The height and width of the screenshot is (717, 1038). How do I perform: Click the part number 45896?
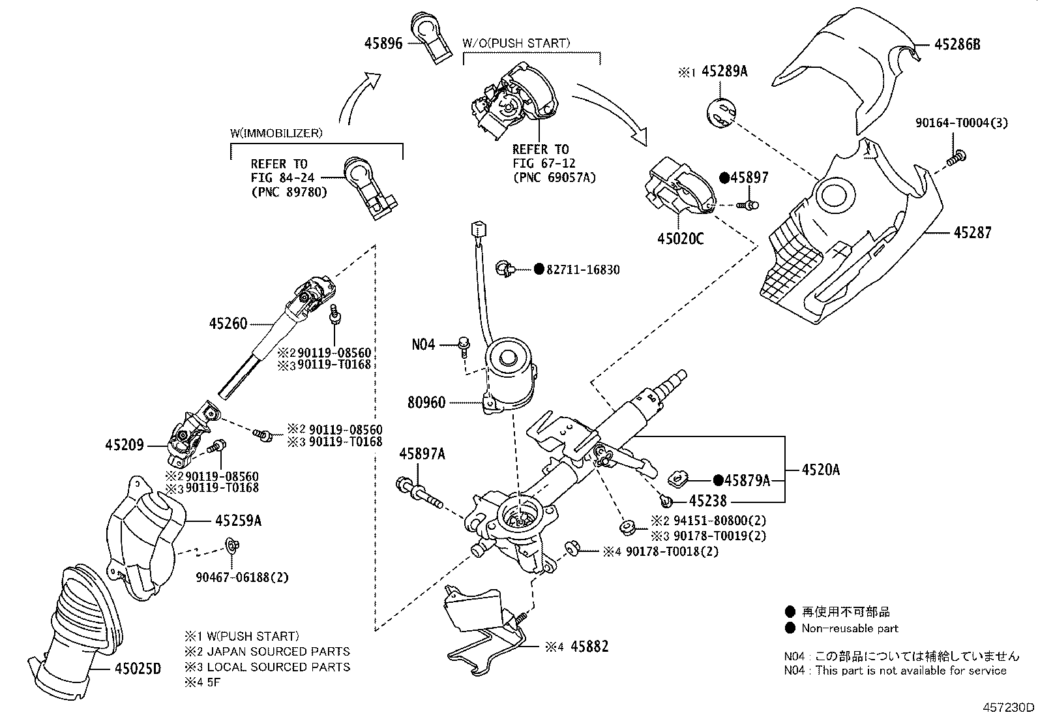point(383,44)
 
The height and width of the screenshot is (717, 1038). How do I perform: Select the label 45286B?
point(957,44)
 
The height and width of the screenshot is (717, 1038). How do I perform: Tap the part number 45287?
point(973,232)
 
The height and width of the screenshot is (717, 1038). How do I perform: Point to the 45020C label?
point(680,239)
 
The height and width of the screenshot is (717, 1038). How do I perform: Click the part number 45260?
point(228,323)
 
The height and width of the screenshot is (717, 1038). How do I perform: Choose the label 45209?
point(124,445)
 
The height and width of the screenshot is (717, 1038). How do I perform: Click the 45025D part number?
point(138,668)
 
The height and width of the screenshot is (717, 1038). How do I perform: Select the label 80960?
point(426,403)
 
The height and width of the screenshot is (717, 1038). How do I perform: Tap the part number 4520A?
point(821,470)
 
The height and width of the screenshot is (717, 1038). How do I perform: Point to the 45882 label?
point(589,647)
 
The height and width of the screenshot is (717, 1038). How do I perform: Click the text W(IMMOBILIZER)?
point(276,134)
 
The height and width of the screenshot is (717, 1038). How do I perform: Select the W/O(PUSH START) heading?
point(516,44)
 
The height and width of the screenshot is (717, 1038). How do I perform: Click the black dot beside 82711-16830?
point(539,269)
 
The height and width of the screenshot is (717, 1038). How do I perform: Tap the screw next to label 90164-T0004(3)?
point(955,158)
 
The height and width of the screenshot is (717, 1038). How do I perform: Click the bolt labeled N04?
point(464,348)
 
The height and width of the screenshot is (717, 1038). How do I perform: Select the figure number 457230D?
point(1009,707)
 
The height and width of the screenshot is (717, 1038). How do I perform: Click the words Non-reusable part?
point(850,628)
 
